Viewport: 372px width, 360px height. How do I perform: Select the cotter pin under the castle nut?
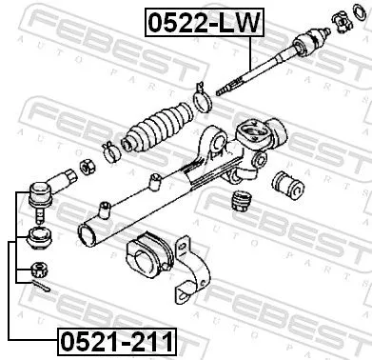coord(40,283)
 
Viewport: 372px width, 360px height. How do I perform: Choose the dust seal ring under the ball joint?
coord(40,236)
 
